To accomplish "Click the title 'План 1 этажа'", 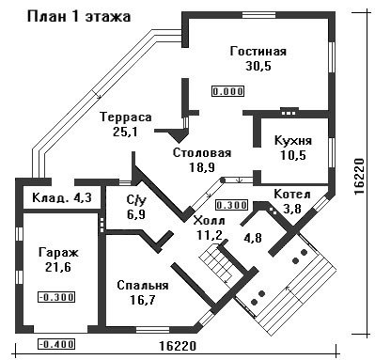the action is [x=79, y=17].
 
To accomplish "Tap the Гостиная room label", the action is [x=258, y=51].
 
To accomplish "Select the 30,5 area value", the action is [x=258, y=66].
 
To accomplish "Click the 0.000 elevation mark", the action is [x=228, y=91].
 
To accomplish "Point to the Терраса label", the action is [x=126, y=117].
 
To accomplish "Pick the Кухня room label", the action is [x=293, y=140].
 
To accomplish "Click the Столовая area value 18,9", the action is [x=202, y=167].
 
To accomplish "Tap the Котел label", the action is [x=292, y=195].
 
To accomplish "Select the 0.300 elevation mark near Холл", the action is [x=232, y=205].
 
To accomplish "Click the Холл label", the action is [x=210, y=220].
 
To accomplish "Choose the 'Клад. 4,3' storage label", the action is [x=62, y=197].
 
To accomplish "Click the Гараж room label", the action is [x=58, y=252].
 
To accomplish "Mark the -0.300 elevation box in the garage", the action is [x=56, y=296].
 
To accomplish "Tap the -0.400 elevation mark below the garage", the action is [x=56, y=344].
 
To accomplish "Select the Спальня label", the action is [x=143, y=286].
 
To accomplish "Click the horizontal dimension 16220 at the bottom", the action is [x=178, y=346].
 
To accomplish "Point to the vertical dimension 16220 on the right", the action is [x=359, y=177].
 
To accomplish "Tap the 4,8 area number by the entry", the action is [x=253, y=237].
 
